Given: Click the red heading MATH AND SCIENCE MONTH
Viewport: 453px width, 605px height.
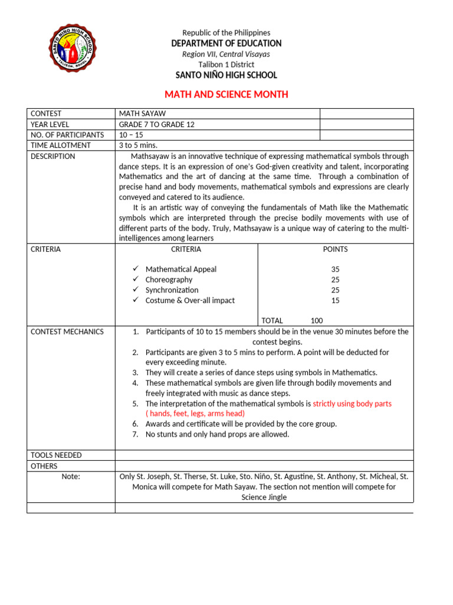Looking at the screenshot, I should [x=226, y=95].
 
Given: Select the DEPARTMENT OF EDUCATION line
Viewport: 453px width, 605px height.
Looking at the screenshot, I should [x=226, y=43].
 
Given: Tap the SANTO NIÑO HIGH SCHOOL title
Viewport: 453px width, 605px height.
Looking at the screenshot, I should [x=226, y=75].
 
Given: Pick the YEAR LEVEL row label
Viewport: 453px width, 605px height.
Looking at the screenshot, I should [x=50, y=124].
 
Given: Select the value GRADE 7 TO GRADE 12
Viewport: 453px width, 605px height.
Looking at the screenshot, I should [x=156, y=124].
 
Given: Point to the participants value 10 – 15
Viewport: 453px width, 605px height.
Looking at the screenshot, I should [x=131, y=135].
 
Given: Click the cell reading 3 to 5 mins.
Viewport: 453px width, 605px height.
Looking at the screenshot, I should [x=138, y=145].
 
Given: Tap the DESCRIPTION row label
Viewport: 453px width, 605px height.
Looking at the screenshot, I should [x=53, y=157].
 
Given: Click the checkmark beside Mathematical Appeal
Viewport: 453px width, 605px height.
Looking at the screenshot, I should [x=135, y=269].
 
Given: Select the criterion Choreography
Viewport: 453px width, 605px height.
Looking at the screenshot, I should [x=169, y=279].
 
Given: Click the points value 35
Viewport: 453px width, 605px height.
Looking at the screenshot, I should [x=335, y=269].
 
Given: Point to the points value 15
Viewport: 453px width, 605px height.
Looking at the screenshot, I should [x=335, y=300].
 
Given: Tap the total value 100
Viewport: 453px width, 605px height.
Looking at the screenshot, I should [x=317, y=320].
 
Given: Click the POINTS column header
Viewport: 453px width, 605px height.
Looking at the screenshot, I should [x=335, y=249].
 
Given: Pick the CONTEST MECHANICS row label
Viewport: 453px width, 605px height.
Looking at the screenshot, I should [x=67, y=331].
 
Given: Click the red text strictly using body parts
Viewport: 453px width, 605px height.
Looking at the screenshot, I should [x=352, y=404].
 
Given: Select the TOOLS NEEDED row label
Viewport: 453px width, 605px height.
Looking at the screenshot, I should [x=56, y=455].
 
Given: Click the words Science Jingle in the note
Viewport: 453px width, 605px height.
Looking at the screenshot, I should [x=264, y=497].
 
